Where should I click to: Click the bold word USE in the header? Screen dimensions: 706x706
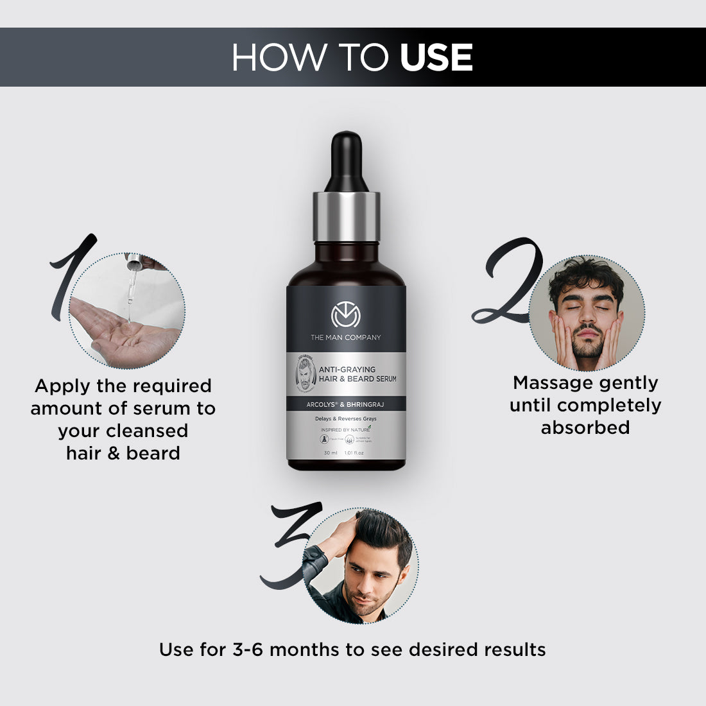(436, 58)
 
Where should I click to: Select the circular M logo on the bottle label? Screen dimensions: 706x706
(346, 316)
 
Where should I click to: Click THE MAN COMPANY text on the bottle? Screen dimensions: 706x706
(346, 338)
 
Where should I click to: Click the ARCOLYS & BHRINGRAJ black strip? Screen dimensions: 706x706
(346, 404)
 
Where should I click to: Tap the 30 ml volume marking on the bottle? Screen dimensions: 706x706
(331, 453)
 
